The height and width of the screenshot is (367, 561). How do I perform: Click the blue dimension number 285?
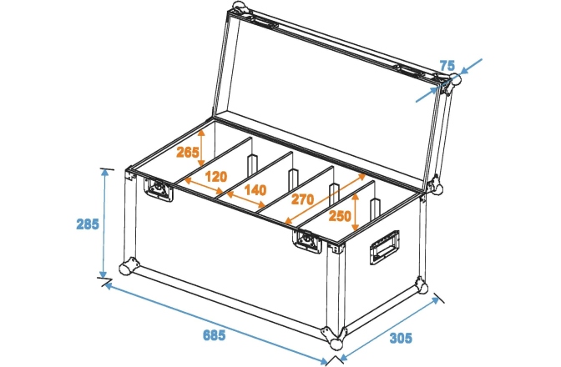click(x=87, y=224)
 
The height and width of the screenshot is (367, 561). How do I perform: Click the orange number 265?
click(x=188, y=152)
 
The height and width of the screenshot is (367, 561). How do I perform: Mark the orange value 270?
click(x=304, y=200)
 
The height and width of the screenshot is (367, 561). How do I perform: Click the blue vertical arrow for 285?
click(x=104, y=224)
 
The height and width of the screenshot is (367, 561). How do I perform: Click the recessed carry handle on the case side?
click(x=384, y=249)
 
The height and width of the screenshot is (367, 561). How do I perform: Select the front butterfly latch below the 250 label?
click(x=306, y=242)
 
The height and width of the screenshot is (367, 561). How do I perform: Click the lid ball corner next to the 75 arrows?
click(x=455, y=83)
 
